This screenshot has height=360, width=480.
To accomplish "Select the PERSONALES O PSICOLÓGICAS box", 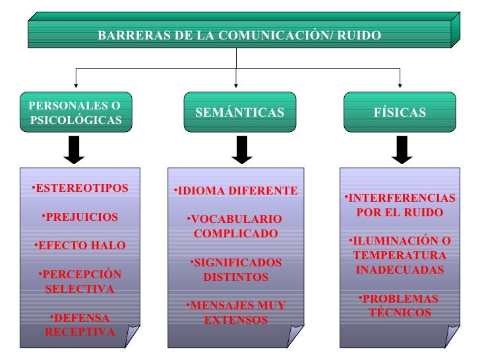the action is point(75,113).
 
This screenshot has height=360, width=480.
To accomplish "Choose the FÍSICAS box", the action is point(400,113).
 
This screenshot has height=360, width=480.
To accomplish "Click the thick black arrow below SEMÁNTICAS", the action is point(242,150).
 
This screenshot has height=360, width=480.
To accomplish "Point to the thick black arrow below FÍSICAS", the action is point(402,150).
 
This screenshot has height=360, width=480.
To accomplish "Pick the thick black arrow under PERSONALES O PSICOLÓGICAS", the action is point(75,150).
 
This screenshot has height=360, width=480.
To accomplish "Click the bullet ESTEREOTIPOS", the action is point(80,189).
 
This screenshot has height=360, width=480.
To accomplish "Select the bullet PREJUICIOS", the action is point(80,217).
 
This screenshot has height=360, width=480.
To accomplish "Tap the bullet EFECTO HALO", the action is point(80,246).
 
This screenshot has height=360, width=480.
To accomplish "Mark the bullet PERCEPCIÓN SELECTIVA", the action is point(80,282).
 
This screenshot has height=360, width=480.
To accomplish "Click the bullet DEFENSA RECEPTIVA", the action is point(80,324).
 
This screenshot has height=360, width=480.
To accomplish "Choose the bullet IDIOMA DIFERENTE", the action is point(236,191).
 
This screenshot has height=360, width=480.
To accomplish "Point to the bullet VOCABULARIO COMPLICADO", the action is point(235,226).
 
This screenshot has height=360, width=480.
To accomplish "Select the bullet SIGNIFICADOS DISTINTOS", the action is point(235,270).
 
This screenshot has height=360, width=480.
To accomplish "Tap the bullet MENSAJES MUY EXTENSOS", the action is point(235,313).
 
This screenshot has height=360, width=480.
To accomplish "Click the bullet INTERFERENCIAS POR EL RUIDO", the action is point(400,206).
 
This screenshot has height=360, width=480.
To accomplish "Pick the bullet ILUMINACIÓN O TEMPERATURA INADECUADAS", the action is point(400,255).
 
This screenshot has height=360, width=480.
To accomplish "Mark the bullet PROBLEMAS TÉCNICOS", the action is point(400,305).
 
